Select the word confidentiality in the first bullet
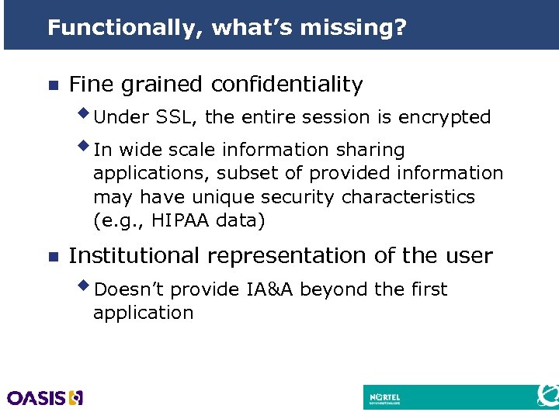click(x=286, y=85)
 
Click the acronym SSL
click(x=178, y=118)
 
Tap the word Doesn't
click(x=129, y=289)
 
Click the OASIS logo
click(x=45, y=398)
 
